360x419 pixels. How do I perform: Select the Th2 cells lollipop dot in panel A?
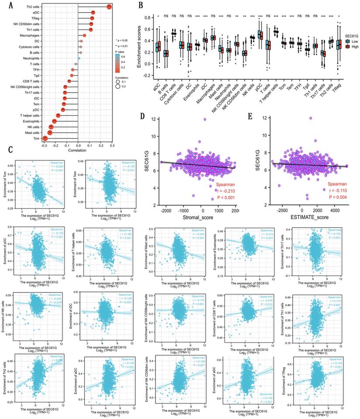point(109,6)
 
